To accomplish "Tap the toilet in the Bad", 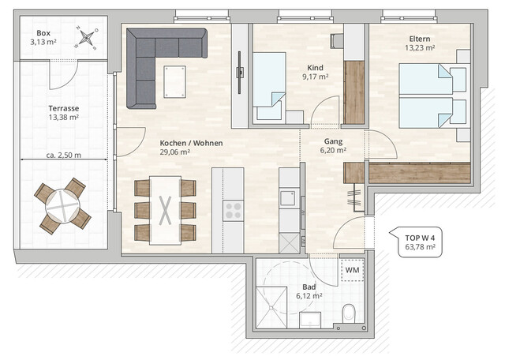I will (x=350, y=313).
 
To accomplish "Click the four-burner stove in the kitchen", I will (x=234, y=209).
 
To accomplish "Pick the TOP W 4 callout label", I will (x=421, y=241).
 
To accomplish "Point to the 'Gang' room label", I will (x=331, y=142).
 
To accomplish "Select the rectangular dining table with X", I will (x=166, y=209).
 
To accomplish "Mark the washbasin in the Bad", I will (x=312, y=319).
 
